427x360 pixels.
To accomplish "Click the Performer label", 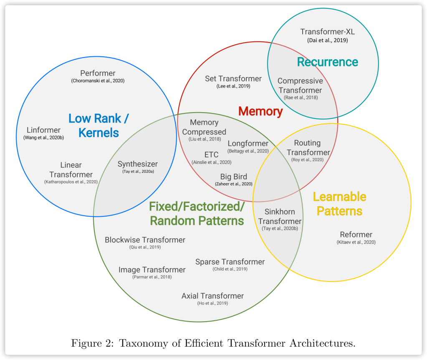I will tap(98, 73).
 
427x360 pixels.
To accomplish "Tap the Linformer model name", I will tap(43, 130).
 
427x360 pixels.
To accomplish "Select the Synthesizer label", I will tap(138, 164).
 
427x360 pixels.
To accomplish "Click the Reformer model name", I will tap(356, 234).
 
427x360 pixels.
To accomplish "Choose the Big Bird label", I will tap(234, 176).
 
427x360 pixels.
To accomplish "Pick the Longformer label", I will tap(248, 143).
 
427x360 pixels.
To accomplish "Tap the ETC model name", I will tap(211, 155).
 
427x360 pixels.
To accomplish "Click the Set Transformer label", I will tap(233, 78).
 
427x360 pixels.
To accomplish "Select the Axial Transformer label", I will tap(212, 296).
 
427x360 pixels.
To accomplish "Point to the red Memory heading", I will tap(260, 111).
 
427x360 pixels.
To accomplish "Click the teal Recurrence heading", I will tap(327, 62).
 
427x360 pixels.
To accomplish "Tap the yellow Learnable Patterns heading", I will tap(339, 204).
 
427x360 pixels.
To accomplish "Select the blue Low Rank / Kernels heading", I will tap(99, 125).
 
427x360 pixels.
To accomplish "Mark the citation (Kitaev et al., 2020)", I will tap(356, 242).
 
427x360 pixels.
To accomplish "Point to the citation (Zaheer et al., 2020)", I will tap(234, 184).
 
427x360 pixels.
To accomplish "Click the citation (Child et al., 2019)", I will tap(230, 269).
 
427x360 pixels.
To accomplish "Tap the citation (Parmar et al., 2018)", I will tap(152, 277).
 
